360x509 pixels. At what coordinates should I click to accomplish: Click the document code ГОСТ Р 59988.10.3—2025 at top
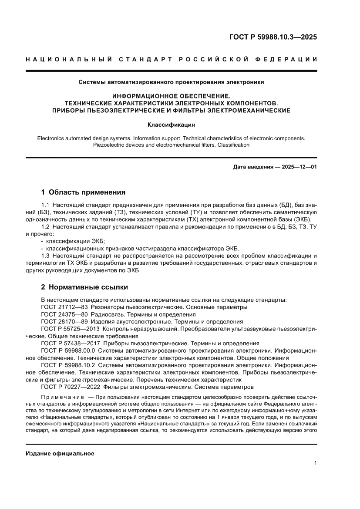[x=273, y=37]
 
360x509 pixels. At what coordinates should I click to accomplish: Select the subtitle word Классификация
[x=171, y=125]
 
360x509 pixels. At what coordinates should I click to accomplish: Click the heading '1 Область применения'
[x=83, y=192]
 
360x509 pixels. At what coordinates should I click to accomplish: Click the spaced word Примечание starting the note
[x=62, y=397]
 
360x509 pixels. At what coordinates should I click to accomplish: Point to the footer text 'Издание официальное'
[x=60, y=454]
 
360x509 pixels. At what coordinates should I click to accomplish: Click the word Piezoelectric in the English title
[x=111, y=145]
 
